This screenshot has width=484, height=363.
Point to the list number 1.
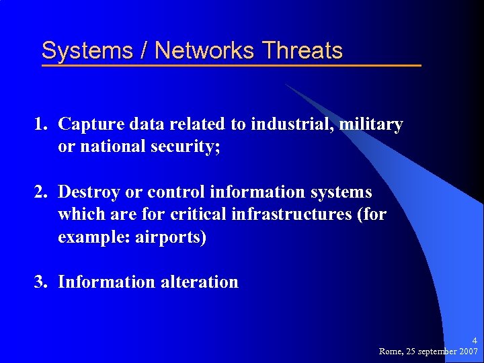click(x=41, y=124)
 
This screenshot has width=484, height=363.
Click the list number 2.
click(x=41, y=192)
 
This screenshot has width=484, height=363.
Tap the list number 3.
click(x=41, y=282)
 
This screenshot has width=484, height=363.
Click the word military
click(x=372, y=124)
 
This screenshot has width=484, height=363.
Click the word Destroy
click(x=89, y=192)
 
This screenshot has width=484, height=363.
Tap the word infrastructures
click(x=305, y=215)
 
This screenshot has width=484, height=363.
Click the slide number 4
click(x=474, y=341)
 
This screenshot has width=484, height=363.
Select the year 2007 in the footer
click(x=468, y=352)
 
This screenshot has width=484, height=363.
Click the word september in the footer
click(x=436, y=352)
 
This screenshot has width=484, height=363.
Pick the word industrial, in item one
click(x=292, y=124)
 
